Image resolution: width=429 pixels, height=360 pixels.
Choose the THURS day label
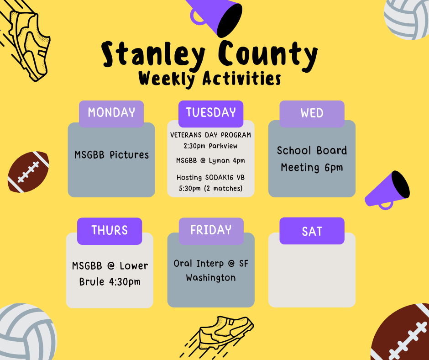tap(110, 231)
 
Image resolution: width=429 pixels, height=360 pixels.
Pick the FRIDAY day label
tap(211, 230)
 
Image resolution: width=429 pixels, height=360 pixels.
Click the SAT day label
tap(312, 231)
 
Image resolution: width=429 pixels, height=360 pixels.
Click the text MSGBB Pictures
tap(111, 155)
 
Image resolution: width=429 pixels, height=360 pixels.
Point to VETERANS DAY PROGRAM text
tap(210, 135)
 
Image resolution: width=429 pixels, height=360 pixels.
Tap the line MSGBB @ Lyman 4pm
tap(210, 160)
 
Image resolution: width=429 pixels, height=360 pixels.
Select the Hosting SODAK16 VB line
tap(210, 177)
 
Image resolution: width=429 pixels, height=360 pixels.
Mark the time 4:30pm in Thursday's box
tap(124, 282)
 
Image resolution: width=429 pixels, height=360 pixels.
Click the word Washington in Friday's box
tap(211, 278)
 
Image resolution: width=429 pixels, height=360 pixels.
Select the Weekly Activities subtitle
tap(210, 79)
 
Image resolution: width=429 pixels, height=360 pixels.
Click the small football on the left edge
tap(28, 171)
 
